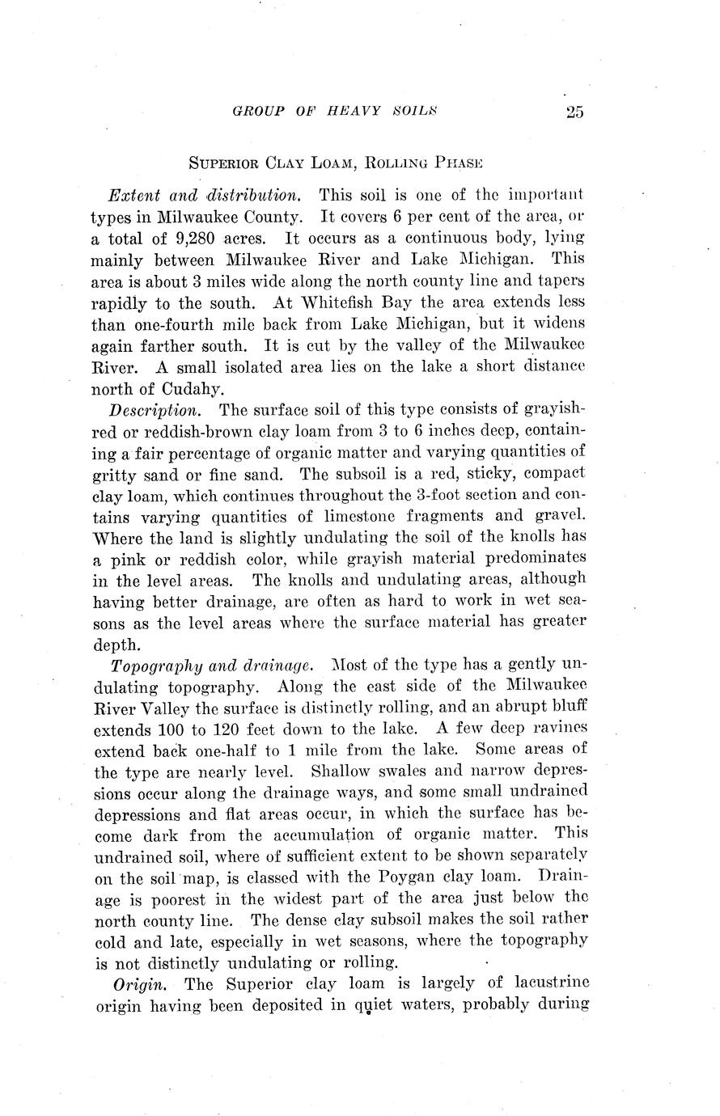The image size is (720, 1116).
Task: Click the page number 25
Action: click(575, 112)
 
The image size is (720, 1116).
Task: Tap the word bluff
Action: click(567, 707)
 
